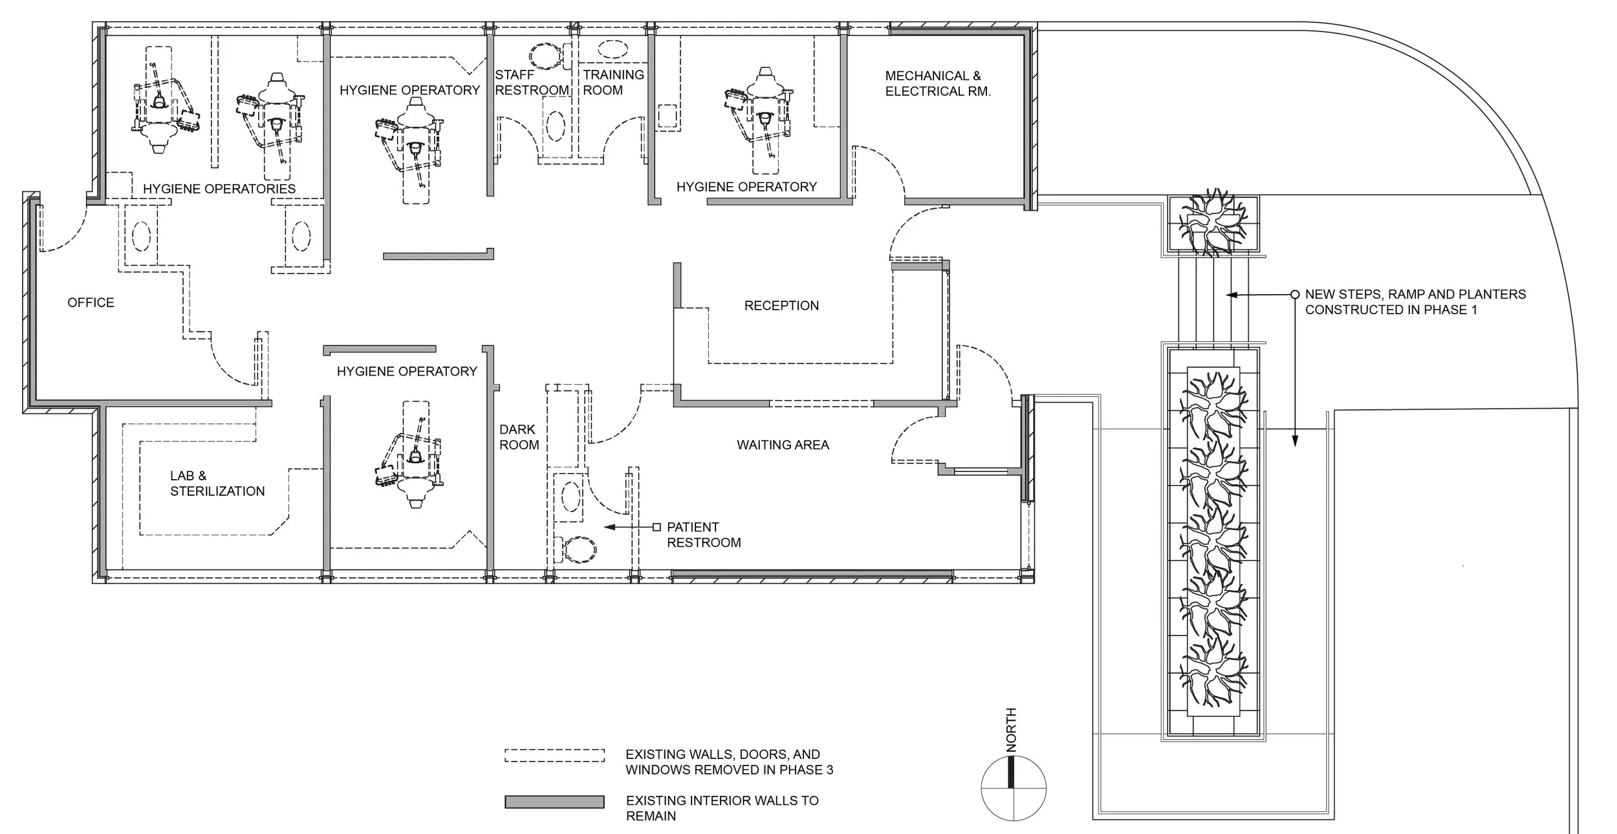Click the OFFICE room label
(91, 303)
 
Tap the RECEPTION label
(781, 305)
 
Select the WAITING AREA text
(783, 445)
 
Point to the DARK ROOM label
(519, 437)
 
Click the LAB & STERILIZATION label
(217, 484)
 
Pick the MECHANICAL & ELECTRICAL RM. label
(938, 84)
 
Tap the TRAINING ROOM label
(613, 83)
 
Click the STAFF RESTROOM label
(532, 83)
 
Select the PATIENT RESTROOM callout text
(704, 535)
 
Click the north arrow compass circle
(1014, 789)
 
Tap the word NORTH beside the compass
(1011, 730)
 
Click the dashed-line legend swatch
(554, 756)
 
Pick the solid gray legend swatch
(554, 802)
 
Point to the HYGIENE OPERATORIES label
(219, 189)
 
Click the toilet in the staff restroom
(547, 56)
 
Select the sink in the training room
(613, 49)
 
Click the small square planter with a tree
(1213, 224)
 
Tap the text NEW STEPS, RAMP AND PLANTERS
(1415, 294)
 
